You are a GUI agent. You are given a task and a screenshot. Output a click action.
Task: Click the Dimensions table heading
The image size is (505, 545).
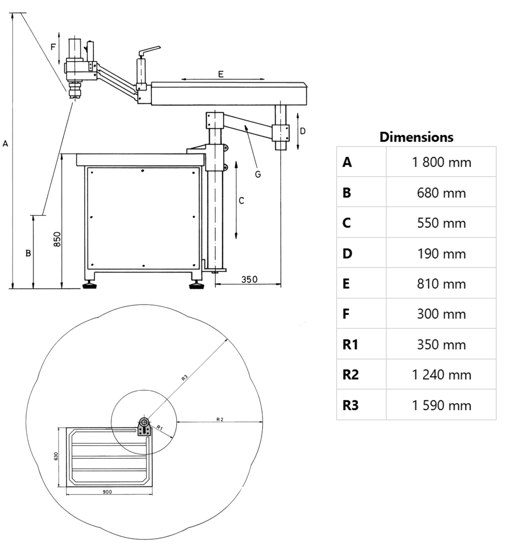(x=416, y=137)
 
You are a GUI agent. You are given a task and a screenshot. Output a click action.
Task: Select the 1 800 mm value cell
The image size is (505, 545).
(x=441, y=162)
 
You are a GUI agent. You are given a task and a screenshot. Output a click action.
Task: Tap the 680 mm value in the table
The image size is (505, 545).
(x=441, y=193)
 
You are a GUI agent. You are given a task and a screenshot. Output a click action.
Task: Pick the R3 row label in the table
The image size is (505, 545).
(x=350, y=405)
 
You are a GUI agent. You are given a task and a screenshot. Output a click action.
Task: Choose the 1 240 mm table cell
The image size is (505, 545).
(x=441, y=375)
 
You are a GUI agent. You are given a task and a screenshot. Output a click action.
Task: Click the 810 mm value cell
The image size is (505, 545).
(x=441, y=284)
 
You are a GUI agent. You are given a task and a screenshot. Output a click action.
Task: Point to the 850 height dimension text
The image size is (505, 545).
(x=57, y=240)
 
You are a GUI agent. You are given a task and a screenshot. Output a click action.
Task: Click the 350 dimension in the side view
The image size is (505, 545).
(x=249, y=279)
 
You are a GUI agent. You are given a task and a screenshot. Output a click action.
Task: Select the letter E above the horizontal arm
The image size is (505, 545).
(x=221, y=74)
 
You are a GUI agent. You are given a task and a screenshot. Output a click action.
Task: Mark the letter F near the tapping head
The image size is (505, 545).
(x=53, y=47)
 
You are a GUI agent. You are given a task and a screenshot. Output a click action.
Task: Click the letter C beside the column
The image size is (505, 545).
(x=241, y=201)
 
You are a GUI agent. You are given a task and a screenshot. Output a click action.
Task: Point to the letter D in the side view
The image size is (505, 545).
(x=303, y=131)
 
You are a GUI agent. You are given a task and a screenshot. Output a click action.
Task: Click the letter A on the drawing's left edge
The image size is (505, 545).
(x=5, y=144)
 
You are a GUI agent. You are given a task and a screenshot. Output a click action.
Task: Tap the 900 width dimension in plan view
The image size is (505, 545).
(x=108, y=492)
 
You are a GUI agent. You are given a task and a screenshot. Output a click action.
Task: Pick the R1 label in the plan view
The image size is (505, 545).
(x=159, y=428)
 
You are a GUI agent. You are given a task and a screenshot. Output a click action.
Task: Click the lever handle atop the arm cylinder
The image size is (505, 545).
(x=149, y=50)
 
